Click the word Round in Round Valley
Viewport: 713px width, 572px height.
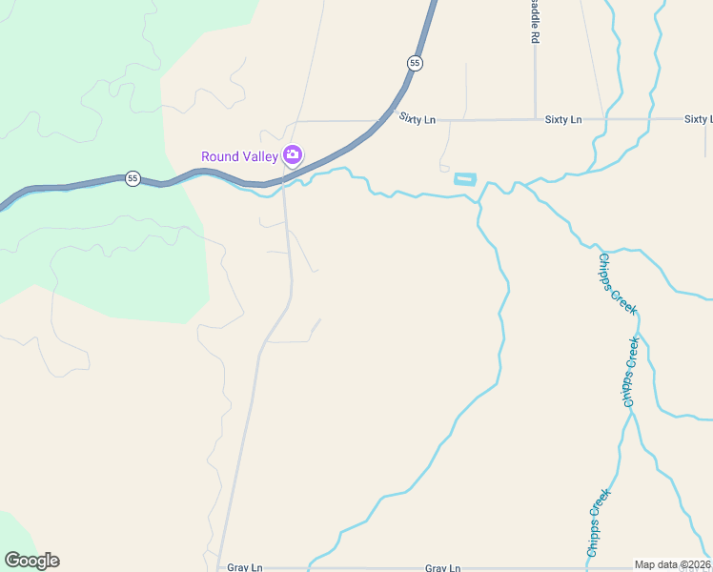[219, 156]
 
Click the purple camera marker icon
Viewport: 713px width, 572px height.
[293, 154]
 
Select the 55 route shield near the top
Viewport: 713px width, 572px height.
[415, 62]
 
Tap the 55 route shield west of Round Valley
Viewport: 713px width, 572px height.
[132, 178]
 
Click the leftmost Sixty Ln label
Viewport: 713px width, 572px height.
[418, 119]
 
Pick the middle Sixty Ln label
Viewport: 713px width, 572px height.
[563, 119]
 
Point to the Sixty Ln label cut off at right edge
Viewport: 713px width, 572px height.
[698, 119]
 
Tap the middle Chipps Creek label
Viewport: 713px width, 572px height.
[630, 372]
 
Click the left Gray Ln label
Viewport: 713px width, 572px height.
[245, 567]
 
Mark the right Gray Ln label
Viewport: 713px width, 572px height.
[443, 567]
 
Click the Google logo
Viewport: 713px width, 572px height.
[31, 561]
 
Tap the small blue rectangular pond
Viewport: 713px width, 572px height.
[464, 179]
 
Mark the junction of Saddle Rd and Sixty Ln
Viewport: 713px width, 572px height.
[536, 119]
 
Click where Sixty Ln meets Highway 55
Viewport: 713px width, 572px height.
[393, 120]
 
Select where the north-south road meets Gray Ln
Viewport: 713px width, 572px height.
[218, 567]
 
